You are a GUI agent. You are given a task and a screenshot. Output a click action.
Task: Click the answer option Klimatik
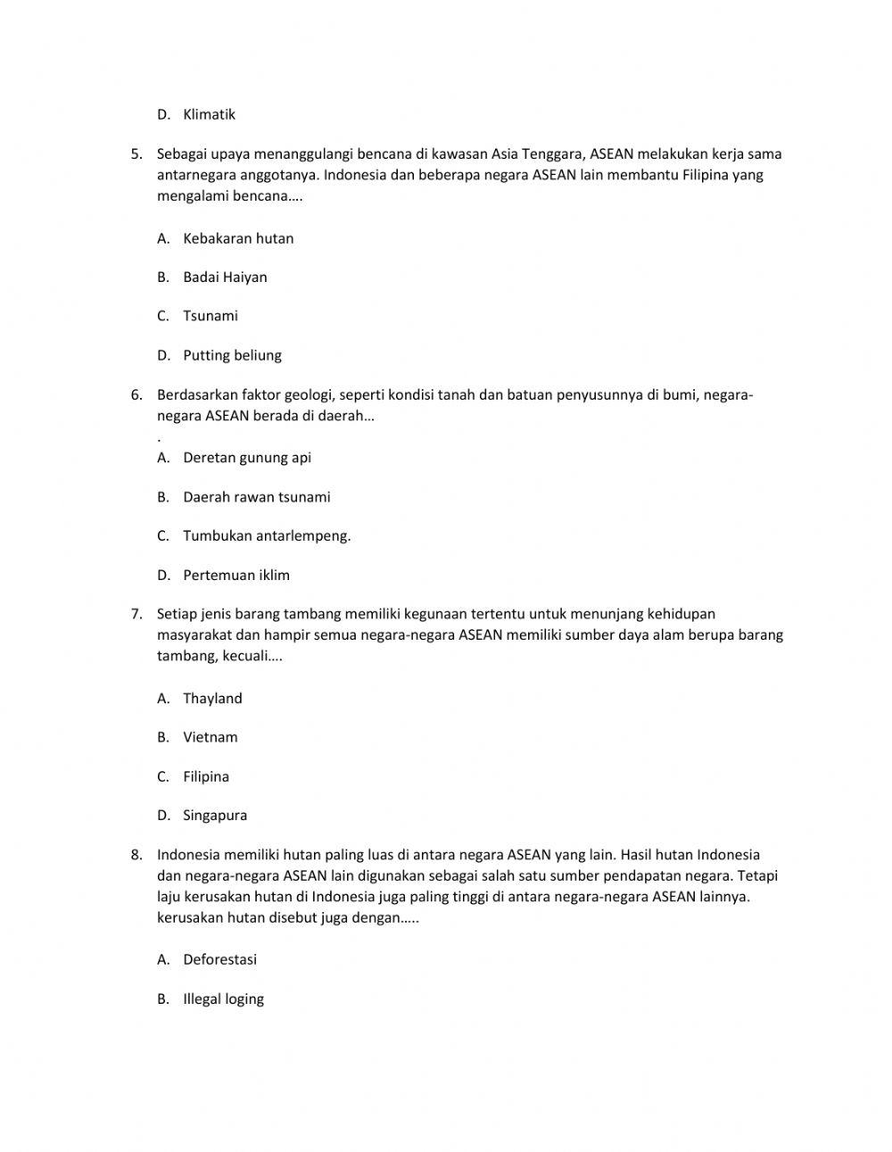[x=209, y=114]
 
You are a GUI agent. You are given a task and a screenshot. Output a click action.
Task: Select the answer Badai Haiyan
[x=225, y=277]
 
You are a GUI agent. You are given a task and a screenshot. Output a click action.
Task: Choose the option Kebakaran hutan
[x=238, y=238]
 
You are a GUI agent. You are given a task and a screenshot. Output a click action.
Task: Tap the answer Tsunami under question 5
[x=211, y=316]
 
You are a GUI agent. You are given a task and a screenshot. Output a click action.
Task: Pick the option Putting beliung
[x=232, y=355]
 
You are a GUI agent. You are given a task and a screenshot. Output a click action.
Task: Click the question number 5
[x=136, y=153]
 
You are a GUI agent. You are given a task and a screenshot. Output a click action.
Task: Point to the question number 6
[x=136, y=394]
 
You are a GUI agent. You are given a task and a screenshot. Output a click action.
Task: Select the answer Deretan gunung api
[x=247, y=458]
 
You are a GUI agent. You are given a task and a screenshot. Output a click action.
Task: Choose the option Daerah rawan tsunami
[x=256, y=497]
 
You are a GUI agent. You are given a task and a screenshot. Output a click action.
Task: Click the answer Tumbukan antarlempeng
[x=267, y=536]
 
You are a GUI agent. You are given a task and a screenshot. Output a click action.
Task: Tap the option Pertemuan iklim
[x=236, y=576]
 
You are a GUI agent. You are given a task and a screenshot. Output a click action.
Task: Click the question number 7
[x=136, y=614]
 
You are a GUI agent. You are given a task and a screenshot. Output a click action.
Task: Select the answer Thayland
[x=212, y=699]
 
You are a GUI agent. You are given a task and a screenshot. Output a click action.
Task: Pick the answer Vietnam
[x=211, y=737]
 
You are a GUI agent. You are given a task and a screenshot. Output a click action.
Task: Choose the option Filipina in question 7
[x=206, y=776]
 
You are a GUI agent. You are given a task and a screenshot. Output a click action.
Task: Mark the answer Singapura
[x=215, y=816]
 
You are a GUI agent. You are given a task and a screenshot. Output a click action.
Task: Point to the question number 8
[x=136, y=855]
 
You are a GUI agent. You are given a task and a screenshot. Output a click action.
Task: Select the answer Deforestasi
[x=219, y=960]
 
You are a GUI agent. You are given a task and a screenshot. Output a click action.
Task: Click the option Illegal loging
[x=223, y=999]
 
